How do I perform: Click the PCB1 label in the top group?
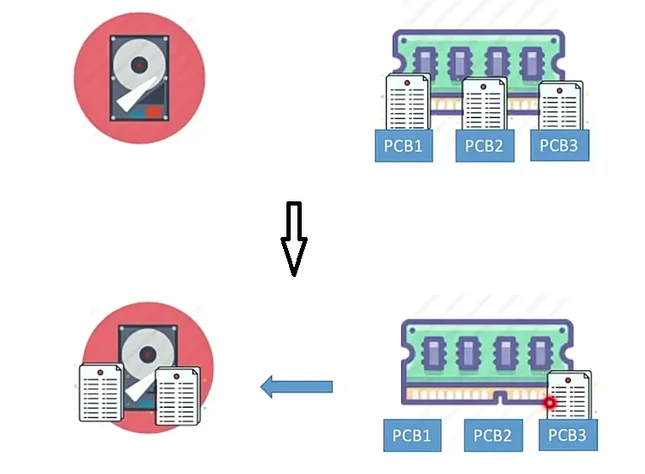[404, 147]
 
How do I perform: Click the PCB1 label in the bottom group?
[412, 435]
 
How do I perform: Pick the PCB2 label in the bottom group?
[492, 435]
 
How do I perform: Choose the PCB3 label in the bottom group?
[568, 435]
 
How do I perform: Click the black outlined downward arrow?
[293, 238]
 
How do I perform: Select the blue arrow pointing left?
[296, 386]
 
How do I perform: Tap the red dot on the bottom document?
[549, 402]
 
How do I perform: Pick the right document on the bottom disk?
[177, 395]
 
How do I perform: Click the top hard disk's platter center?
[139, 64]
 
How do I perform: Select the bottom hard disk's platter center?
[146, 354]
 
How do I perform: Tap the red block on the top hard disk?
[152, 111]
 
